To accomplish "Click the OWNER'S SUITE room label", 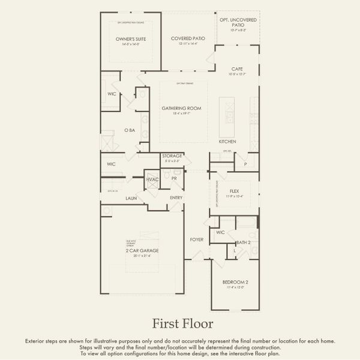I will coord(131,39).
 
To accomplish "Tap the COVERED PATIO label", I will coord(188,38).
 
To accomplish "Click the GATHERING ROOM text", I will coord(181,109).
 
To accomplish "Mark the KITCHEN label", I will coord(227,142).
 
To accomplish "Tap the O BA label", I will coord(129,130).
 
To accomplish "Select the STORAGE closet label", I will coord(172,156).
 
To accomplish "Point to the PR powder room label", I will coord(173,178).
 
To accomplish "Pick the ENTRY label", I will coord(176,197).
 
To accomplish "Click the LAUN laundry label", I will coord(131,197).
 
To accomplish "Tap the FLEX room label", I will coord(234,190).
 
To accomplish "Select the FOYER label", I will coord(197,239).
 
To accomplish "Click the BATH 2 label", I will coord(242,242).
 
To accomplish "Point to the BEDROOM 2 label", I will coord(235,282).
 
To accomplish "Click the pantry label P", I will coord(245,164).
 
